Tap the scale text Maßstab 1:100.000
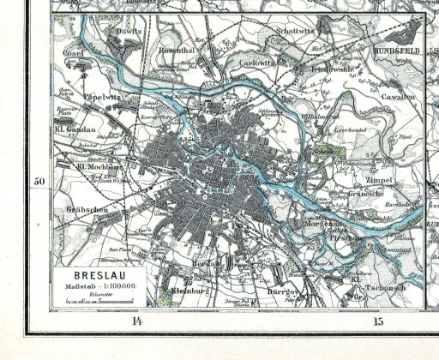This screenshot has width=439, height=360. pos(93,285)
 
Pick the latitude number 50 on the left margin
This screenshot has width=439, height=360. pos(39,182)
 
